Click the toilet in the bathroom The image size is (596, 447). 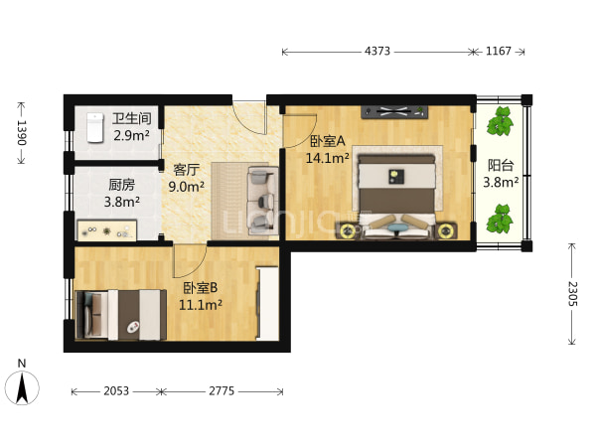click(x=95, y=128)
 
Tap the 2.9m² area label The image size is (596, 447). click(x=131, y=135)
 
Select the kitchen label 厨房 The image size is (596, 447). click(x=121, y=185)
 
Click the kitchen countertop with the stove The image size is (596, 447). click(x=107, y=230)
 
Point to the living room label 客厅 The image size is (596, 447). click(x=187, y=170)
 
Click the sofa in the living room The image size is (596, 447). click(x=262, y=200)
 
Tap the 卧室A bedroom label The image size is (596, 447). click(x=328, y=141)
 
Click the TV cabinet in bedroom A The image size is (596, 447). click(x=394, y=111)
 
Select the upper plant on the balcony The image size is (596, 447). click(x=501, y=121)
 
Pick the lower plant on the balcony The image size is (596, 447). click(x=500, y=219)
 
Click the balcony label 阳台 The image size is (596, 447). click(x=501, y=166)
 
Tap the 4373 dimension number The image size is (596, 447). click(x=377, y=51)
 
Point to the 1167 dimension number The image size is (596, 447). click(x=499, y=51)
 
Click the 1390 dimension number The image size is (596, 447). click(x=21, y=133)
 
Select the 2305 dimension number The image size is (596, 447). click(x=572, y=294)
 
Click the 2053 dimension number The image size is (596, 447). click(x=116, y=391)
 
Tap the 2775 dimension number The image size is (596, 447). click(x=222, y=391)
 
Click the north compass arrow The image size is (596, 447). click(x=22, y=388)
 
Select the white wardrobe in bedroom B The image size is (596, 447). click(x=267, y=303)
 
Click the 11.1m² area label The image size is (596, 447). click(x=201, y=305)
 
